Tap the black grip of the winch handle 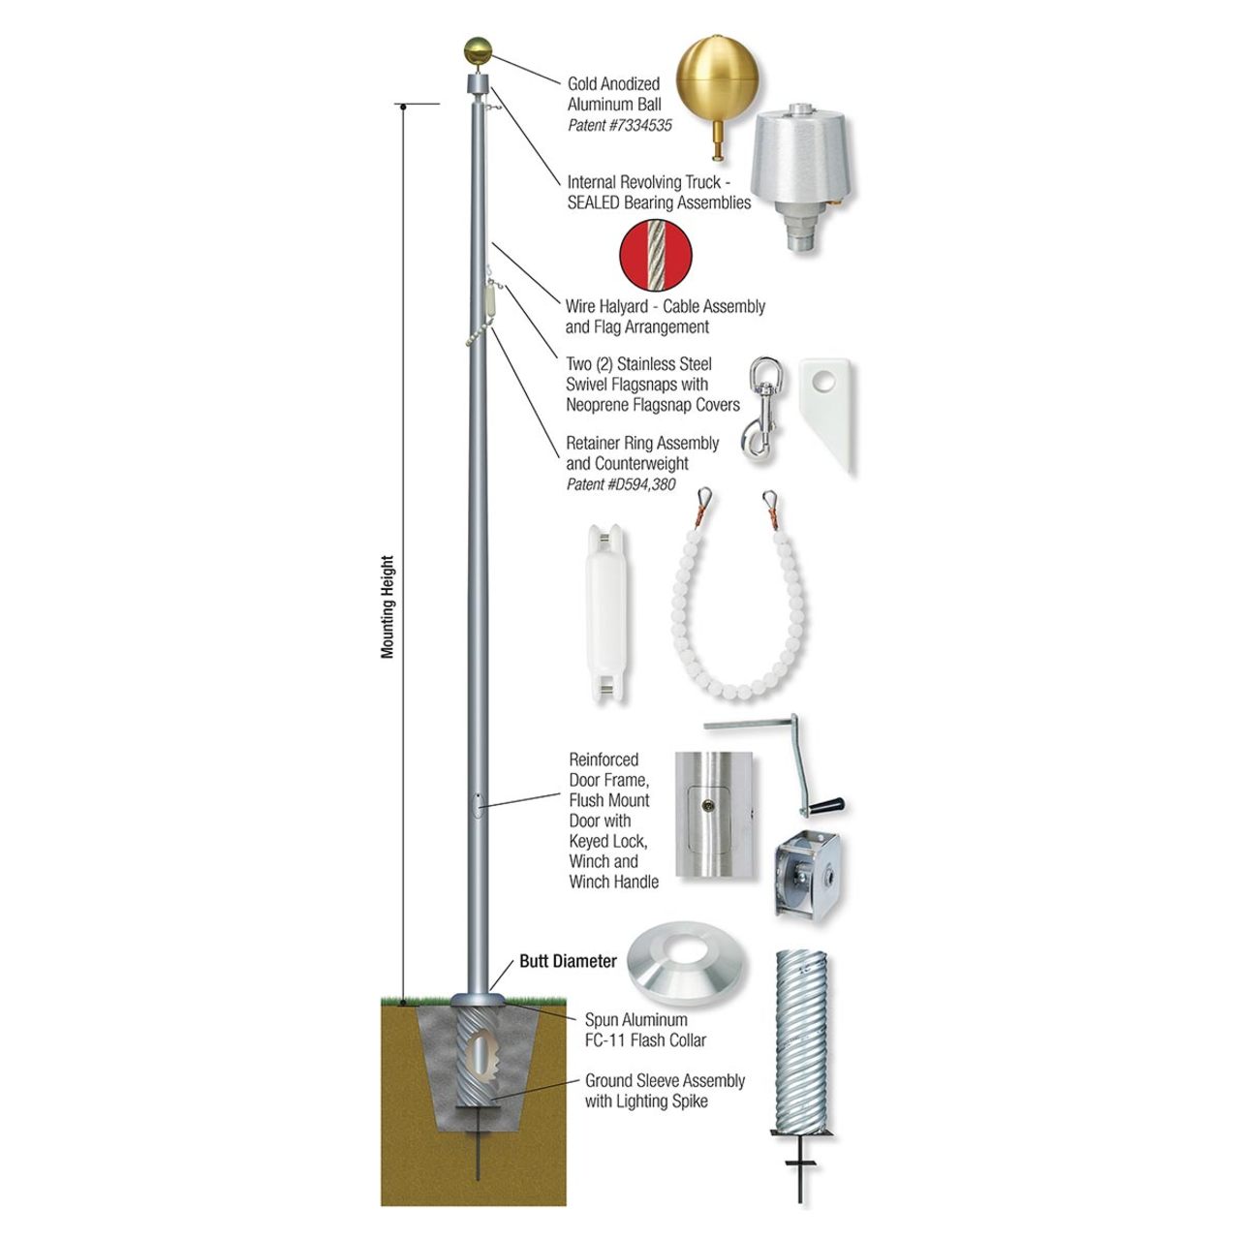click(827, 806)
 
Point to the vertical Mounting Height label click(387, 606)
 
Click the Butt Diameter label click(568, 961)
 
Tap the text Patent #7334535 click(619, 126)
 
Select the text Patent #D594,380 click(621, 484)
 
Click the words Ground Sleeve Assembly click(665, 1080)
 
